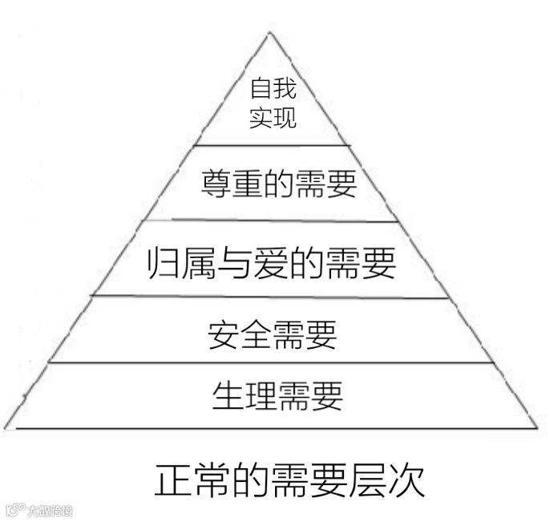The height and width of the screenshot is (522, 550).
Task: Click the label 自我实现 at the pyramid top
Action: tap(273, 103)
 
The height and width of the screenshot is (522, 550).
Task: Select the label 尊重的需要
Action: tap(277, 184)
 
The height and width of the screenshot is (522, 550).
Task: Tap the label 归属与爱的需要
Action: tap(273, 262)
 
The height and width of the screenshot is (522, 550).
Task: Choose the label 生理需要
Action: tap(277, 395)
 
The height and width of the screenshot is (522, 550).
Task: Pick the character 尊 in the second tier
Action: tap(215, 184)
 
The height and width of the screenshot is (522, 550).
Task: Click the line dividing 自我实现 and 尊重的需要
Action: tap(273, 145)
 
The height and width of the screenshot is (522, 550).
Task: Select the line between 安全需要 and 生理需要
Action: tap(273, 362)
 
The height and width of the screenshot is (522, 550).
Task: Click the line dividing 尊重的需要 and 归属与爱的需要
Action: tap(273, 221)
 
